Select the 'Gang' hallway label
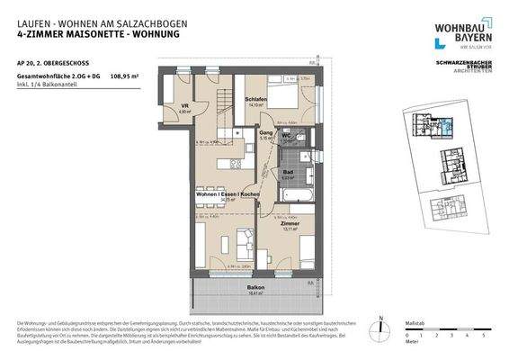point(266,133)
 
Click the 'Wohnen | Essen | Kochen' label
point(228,194)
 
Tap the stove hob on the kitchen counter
point(236,163)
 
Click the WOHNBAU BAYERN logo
point(462,31)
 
